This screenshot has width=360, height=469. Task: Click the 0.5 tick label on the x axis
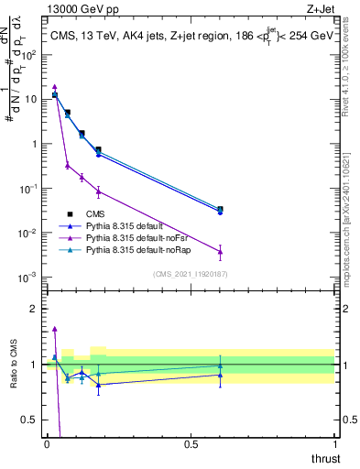190,444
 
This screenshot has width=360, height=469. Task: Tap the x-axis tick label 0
47,444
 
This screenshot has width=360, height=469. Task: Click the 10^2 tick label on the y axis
29,54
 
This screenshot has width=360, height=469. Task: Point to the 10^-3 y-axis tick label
29,278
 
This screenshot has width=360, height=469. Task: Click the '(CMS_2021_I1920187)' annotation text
191,273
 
